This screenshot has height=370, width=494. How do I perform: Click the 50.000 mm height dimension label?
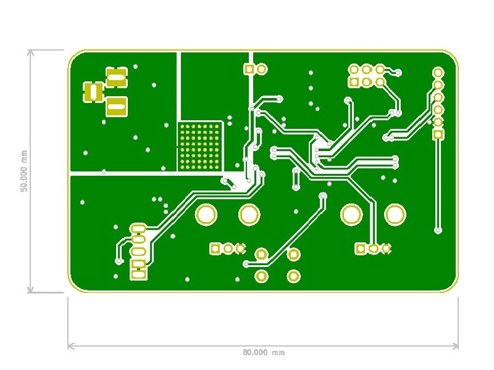24,171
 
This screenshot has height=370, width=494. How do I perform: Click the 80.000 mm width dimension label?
263,352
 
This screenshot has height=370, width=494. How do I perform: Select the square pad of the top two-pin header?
249,69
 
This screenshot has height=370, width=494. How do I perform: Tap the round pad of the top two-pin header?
261,69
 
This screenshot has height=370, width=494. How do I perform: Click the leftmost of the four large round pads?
206,215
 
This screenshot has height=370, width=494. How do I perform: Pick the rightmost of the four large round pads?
395,215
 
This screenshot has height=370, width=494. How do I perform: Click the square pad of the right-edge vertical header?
438,134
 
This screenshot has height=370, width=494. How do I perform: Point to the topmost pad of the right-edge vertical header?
438,73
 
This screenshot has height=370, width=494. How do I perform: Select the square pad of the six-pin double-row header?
354,81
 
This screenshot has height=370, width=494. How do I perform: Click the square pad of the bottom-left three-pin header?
216,249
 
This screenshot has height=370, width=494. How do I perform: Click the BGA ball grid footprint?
199,147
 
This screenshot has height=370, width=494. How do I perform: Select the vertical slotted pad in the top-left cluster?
94,92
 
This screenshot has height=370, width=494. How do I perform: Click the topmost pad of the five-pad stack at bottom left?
138,229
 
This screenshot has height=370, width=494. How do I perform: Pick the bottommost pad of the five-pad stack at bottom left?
138,275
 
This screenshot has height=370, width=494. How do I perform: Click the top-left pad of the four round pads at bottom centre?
261,254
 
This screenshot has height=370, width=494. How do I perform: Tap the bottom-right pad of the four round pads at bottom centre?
294,276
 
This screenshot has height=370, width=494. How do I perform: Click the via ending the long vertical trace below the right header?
438,231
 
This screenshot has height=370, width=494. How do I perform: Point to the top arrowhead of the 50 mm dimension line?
29,52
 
